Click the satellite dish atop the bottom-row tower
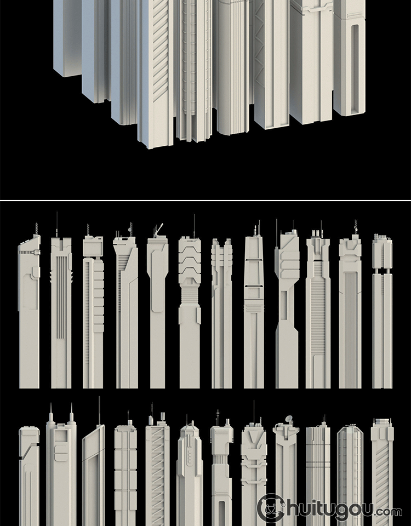tap(289, 419)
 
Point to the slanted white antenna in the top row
tap(159, 227)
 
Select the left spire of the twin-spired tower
tap(51, 413)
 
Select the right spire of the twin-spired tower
tap(71, 413)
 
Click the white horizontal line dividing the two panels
tap(206, 201)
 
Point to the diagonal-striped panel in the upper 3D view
tap(161, 50)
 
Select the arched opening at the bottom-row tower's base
tap(221, 513)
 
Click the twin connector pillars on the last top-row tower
tap(382, 271)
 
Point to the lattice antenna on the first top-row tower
tap(36, 229)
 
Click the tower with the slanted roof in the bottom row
tap(93, 476)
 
